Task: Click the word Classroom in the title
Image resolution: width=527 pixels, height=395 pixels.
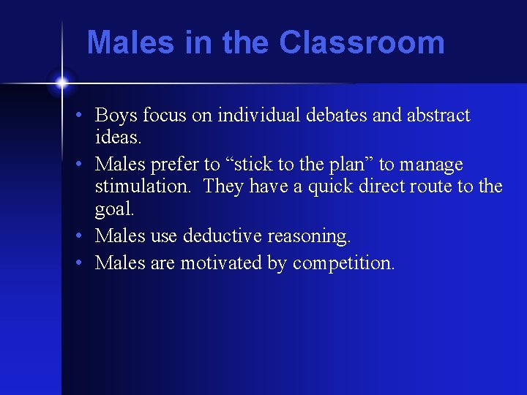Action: point(362,42)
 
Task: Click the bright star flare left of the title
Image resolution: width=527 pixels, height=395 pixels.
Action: point(61,83)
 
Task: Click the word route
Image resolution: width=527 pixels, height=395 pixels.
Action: point(431,186)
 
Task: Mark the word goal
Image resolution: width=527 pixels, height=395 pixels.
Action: point(114,209)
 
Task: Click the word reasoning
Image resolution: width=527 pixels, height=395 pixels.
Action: point(309,236)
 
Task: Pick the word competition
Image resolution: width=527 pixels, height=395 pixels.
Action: point(343,263)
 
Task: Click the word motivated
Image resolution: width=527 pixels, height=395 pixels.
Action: point(220,263)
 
